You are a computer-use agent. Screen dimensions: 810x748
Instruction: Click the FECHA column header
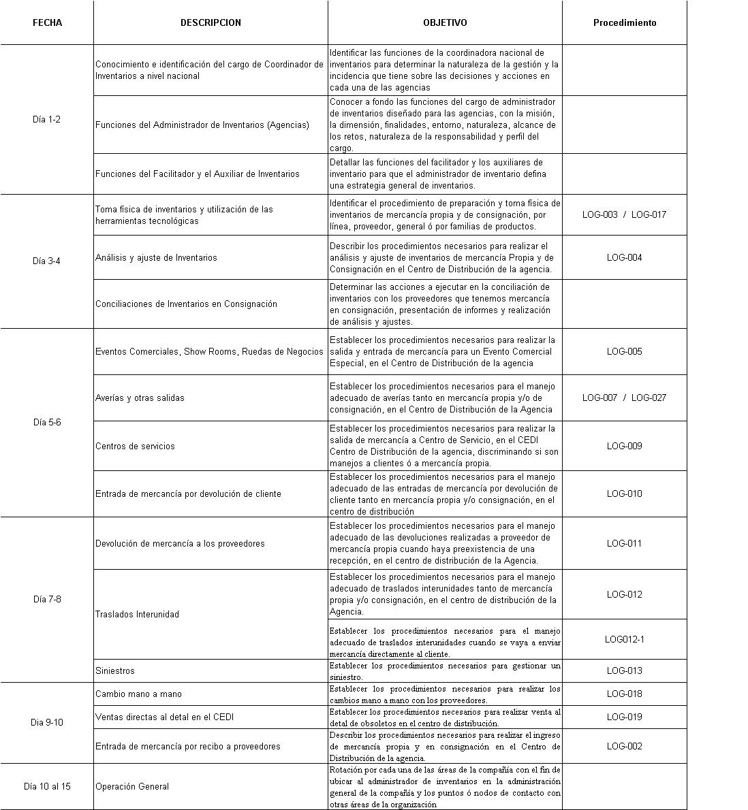(x=47, y=22)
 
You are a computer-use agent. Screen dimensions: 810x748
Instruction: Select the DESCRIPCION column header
(x=211, y=22)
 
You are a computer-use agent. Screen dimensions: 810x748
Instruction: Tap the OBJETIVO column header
(x=445, y=22)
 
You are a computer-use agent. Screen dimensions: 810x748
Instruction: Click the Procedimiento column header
(x=625, y=22)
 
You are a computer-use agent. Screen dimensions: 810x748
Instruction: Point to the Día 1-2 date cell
(x=47, y=119)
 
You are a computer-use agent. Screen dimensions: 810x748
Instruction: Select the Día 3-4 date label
(x=47, y=261)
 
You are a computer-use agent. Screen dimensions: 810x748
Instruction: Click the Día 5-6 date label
(x=47, y=422)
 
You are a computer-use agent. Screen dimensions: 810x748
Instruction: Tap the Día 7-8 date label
(x=47, y=599)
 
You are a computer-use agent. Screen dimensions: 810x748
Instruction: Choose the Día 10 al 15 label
(x=47, y=786)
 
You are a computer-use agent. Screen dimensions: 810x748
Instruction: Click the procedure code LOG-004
(x=625, y=257)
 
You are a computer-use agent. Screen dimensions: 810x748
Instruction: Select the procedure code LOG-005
(x=625, y=351)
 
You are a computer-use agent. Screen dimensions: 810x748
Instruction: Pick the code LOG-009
(x=625, y=446)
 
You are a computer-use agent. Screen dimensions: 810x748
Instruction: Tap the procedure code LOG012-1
(x=625, y=639)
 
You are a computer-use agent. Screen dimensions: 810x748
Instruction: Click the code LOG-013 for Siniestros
(x=625, y=670)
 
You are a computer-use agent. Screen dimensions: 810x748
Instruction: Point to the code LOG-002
(x=625, y=746)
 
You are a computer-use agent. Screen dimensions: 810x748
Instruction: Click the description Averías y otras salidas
(x=140, y=398)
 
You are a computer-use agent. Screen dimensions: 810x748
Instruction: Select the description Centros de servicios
(x=135, y=446)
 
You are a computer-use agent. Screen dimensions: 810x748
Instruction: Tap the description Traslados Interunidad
(x=137, y=614)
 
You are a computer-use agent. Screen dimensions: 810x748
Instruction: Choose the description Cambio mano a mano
(x=138, y=694)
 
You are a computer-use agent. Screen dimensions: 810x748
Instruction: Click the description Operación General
(x=132, y=786)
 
